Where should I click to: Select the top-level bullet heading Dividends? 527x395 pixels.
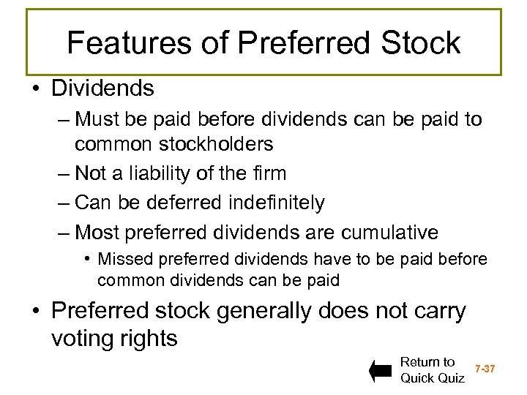[x=102, y=89]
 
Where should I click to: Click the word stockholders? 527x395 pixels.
[x=221, y=144]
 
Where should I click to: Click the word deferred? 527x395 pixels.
[x=186, y=203]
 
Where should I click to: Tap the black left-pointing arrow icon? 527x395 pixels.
[x=381, y=371]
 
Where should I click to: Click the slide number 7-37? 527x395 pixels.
[x=485, y=369]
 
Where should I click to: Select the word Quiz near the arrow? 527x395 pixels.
[x=449, y=378]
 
